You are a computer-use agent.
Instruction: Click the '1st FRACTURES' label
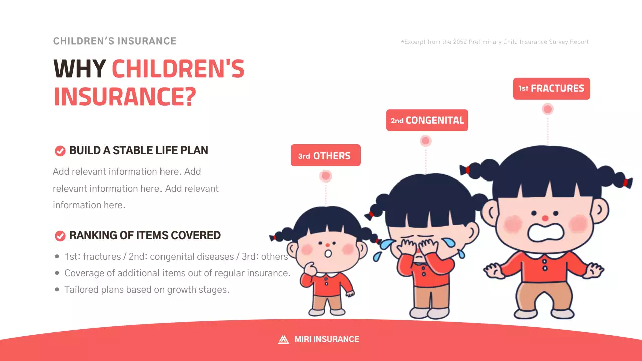pos(551,89)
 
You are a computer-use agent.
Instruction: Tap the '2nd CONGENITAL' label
pos(427,120)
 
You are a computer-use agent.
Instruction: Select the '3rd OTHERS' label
pos(325,156)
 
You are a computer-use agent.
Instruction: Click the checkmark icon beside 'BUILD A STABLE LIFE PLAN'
pos(60,151)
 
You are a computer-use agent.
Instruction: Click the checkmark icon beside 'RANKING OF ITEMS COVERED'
pos(60,236)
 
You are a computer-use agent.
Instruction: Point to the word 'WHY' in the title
pos(79,69)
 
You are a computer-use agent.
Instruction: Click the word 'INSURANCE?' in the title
pos(124,97)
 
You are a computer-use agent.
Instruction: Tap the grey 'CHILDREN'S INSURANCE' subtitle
pos(114,41)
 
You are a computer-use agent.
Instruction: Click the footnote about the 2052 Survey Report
pos(495,42)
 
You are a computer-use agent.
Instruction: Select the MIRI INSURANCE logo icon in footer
pos(283,339)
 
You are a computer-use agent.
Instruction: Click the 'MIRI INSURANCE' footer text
pos(327,339)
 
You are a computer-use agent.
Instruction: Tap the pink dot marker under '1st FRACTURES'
pos(548,109)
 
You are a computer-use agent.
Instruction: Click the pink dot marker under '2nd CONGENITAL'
pos(426,141)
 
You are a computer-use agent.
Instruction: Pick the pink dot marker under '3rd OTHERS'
pos(326,176)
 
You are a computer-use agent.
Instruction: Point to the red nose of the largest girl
pos(545,218)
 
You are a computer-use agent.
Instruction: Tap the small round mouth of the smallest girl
pos(328,253)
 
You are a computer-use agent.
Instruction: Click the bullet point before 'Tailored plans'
pos(57,290)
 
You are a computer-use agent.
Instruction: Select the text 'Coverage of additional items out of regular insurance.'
pos(178,273)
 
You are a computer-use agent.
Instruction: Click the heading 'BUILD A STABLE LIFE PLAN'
pos(138,151)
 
